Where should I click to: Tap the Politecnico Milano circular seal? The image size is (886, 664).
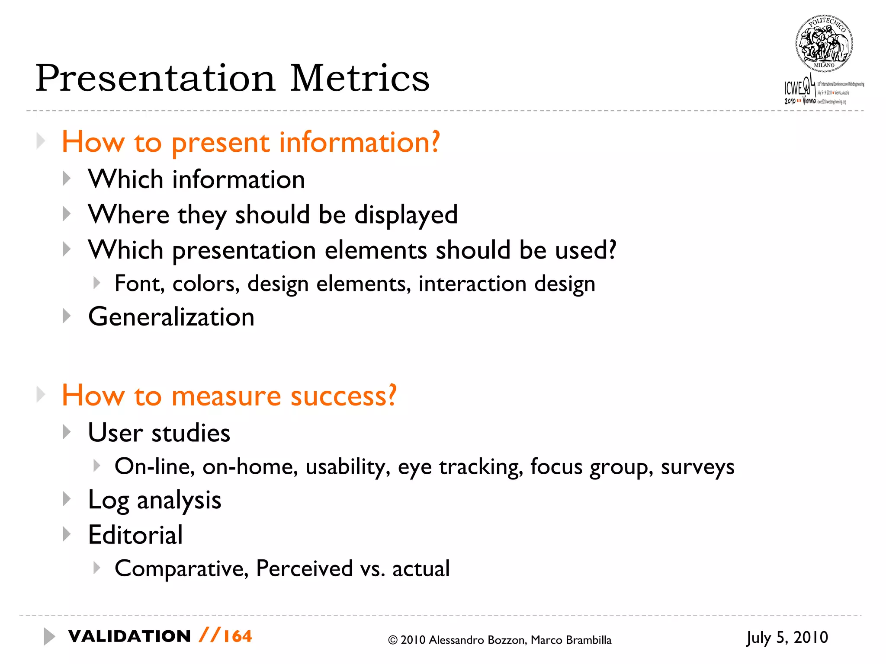[824, 44]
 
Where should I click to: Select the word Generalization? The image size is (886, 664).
[171, 317]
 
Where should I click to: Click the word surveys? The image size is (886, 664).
[697, 467]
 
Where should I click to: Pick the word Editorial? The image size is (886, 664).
[135, 535]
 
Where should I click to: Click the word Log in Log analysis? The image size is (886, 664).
[108, 501]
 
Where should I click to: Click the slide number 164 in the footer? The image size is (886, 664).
[238, 636]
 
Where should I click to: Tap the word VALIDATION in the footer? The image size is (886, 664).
[129, 636]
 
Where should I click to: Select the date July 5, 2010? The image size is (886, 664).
[787, 638]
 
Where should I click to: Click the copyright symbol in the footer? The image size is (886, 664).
[392, 640]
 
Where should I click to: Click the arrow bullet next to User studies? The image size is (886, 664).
[67, 432]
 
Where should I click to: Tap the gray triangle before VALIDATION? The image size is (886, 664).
[49, 636]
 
